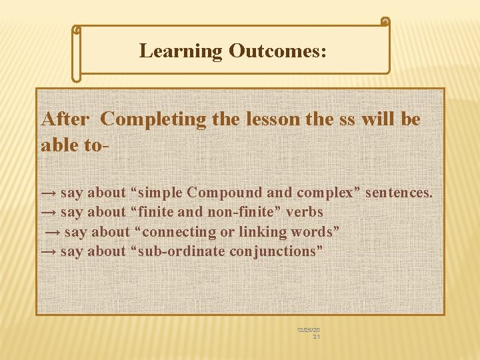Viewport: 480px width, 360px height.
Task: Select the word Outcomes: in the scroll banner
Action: point(277,51)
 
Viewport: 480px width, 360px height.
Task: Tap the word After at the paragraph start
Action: point(65,119)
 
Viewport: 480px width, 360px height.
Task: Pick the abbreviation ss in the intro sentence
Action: point(346,119)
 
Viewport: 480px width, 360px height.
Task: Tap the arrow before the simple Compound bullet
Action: point(49,193)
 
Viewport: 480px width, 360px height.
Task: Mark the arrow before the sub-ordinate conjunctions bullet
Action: point(49,252)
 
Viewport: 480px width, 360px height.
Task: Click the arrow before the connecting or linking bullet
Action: point(53,233)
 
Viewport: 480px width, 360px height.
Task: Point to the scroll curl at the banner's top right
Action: point(385,22)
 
